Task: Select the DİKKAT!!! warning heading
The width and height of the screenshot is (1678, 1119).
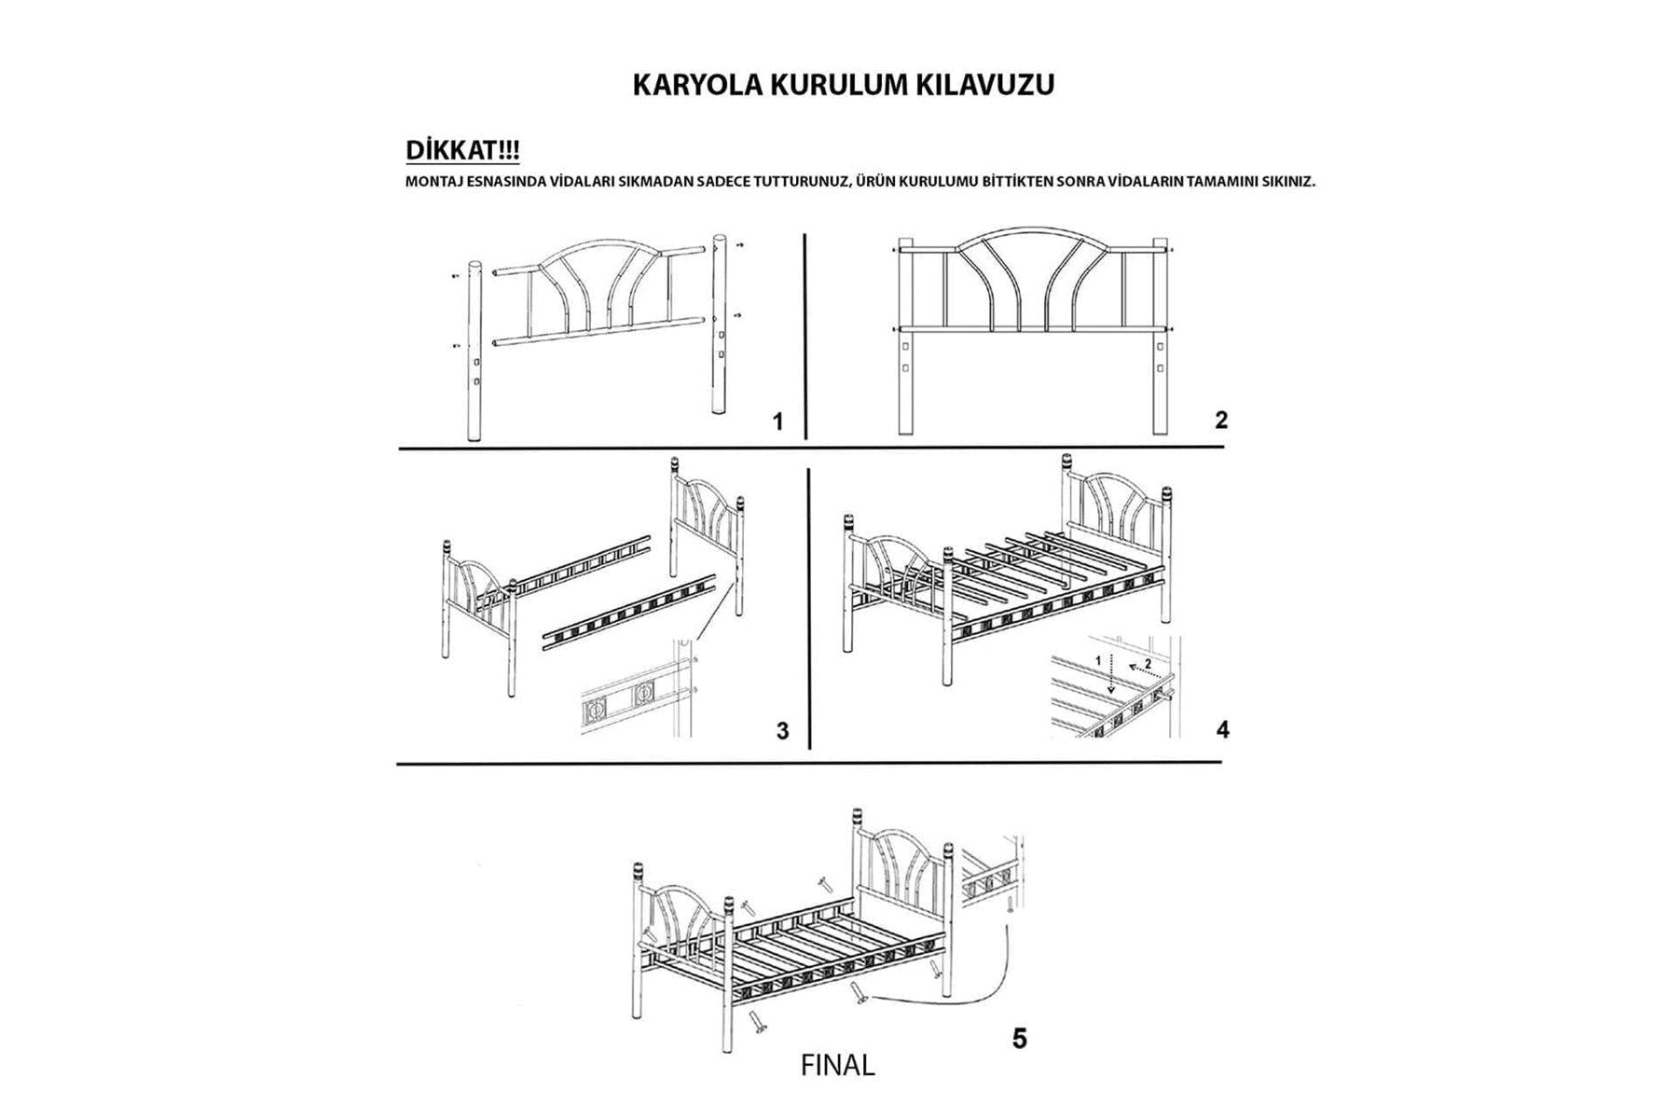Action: pos(462,151)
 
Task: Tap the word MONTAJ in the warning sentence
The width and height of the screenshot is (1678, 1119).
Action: pos(432,182)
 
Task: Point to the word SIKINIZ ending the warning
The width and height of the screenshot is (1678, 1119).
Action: pos(1286,182)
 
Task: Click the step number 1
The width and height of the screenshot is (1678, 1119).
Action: pos(778,422)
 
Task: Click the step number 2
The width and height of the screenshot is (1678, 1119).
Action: pos(1221,421)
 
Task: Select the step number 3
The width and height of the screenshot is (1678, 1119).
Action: pos(782,731)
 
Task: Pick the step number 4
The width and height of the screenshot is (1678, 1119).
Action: pos(1222,729)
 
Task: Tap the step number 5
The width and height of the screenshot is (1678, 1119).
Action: pos(1019,1038)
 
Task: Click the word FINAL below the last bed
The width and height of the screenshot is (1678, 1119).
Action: pos(837,1066)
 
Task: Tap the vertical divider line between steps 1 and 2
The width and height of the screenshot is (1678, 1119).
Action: pos(805,336)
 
